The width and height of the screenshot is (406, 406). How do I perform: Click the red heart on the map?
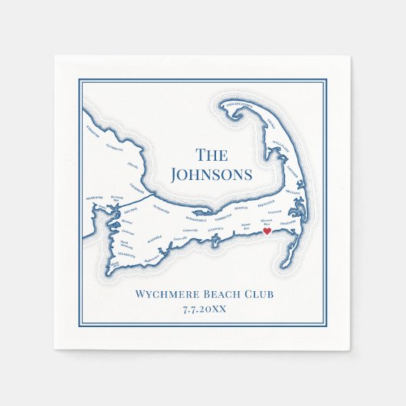267,231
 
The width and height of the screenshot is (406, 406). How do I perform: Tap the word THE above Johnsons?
211,156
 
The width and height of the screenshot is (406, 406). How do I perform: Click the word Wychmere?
165,294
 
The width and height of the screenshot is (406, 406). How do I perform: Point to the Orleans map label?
292,192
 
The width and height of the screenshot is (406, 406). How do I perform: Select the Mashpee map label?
156,237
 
